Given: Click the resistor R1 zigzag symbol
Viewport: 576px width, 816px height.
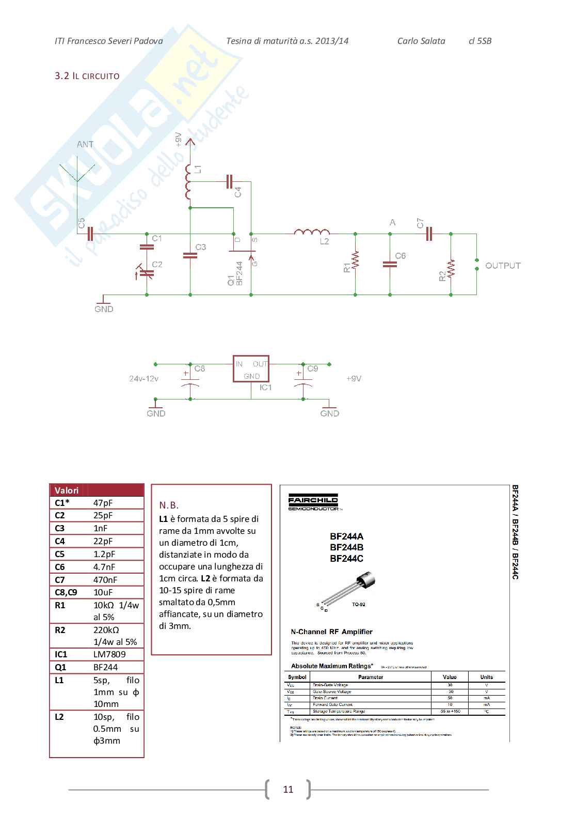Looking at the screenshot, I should pos(356,261).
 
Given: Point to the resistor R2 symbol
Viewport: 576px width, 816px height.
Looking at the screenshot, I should pos(451,268).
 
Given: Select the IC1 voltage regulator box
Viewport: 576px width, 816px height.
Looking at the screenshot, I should pos(251,369).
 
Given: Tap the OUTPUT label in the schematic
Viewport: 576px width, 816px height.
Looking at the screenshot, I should pos(503,266).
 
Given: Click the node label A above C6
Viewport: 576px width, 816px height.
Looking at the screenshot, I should pos(393,223).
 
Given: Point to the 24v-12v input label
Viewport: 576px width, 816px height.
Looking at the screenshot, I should pos(143,379).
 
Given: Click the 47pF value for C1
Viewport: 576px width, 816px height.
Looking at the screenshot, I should pos(103,503).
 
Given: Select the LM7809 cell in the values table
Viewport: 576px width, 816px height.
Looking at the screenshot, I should pos(109,654).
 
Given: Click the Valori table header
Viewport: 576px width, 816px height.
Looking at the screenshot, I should pos(67,490).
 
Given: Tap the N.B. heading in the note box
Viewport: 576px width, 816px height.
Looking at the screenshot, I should pos(169,505).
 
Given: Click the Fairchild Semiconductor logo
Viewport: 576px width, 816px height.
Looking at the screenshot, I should pos(313,502).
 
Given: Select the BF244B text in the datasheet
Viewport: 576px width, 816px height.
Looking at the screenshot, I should pos(346,547).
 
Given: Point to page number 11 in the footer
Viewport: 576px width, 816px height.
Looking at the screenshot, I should pos(288,789).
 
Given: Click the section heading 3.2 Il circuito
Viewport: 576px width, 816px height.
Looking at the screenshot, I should pos(87,76).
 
